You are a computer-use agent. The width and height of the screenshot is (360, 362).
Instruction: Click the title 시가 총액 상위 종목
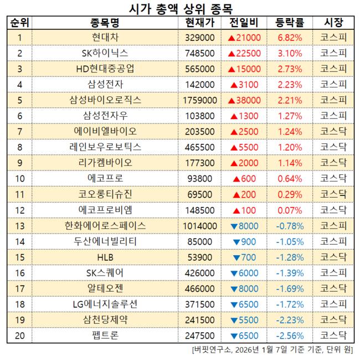180,8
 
